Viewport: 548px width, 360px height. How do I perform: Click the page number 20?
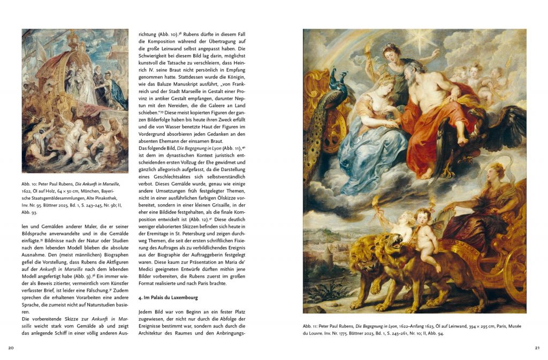pyautogui.click(x=11, y=348)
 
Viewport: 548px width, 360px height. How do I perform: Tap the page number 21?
pyautogui.click(x=537, y=348)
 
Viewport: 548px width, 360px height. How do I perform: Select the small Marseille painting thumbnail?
pyautogui.click(x=75, y=101)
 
